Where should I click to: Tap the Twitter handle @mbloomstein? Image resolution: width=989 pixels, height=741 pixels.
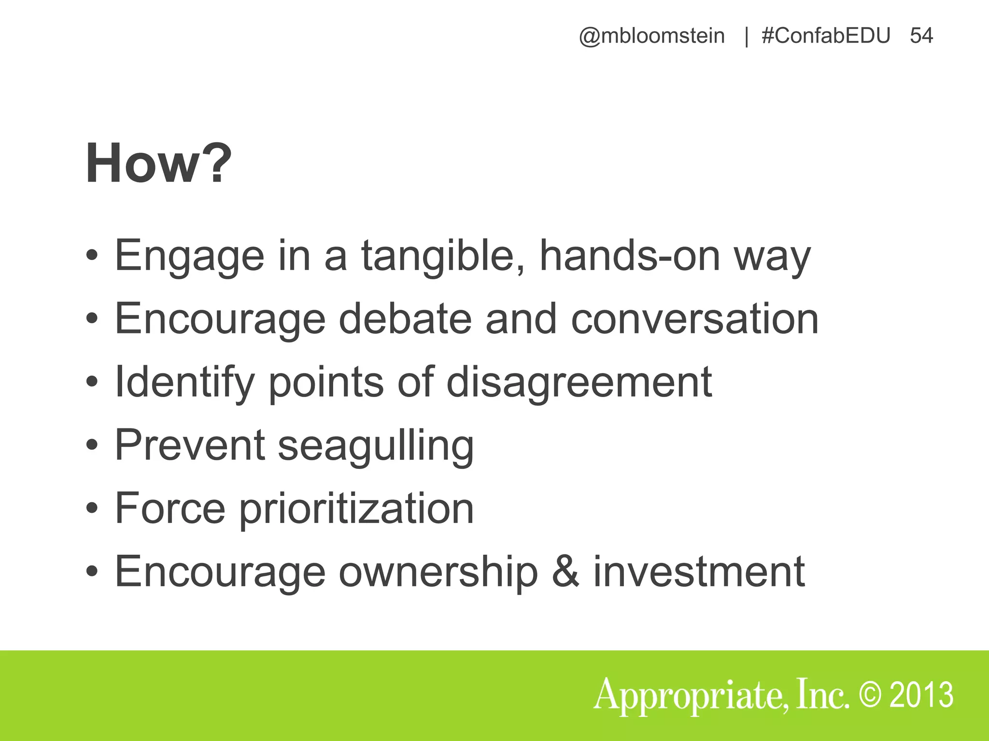click(x=651, y=36)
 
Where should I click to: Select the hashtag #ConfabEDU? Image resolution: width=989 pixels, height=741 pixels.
click(x=825, y=36)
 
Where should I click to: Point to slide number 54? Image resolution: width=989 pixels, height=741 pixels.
click(x=921, y=36)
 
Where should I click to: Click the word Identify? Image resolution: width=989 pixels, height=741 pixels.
click(x=184, y=382)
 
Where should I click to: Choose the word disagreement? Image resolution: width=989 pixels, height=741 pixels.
click(x=579, y=382)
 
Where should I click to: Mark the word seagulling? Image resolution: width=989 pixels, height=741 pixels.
click(x=376, y=445)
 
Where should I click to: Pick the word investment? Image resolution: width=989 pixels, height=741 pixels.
click(x=699, y=571)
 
